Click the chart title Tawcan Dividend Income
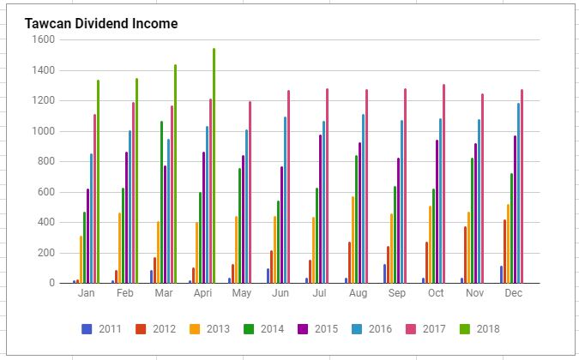101,24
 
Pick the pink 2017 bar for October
443,183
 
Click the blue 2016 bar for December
518,193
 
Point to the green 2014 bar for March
160,201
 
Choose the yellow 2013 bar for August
351,239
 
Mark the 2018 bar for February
136,181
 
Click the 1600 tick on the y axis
43,39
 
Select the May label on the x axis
242,293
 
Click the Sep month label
396,293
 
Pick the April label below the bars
202,293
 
